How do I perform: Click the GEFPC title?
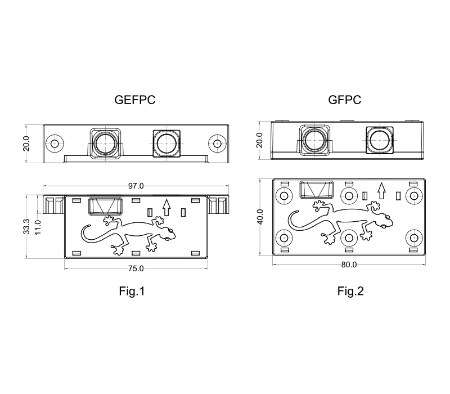[x=134, y=101]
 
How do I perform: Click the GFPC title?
[x=344, y=101]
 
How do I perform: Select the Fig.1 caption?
[x=132, y=291]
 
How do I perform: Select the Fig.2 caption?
[x=350, y=291]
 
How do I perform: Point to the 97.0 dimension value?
[x=137, y=185]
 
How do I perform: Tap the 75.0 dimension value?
[x=137, y=268]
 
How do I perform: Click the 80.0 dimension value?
[x=349, y=265]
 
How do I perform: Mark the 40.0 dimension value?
[x=260, y=216]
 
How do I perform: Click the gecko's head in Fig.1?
[x=170, y=233]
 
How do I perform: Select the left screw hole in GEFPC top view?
[x=54, y=143]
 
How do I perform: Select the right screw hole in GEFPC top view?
[x=215, y=143]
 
